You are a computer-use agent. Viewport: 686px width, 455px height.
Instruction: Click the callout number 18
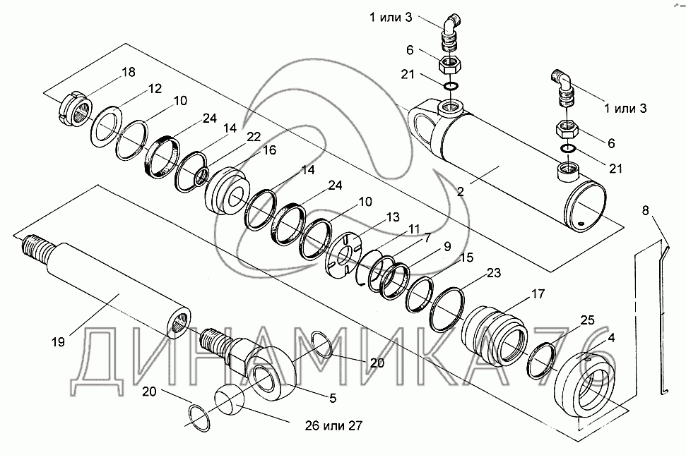pyautogui.click(x=128, y=72)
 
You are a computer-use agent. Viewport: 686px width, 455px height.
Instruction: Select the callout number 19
pyautogui.click(x=58, y=342)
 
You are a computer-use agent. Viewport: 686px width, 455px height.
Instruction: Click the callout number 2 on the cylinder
pyautogui.click(x=460, y=191)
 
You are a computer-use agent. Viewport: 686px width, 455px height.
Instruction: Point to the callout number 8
pyautogui.click(x=646, y=210)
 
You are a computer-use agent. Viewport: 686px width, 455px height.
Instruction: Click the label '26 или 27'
pyautogui.click(x=333, y=425)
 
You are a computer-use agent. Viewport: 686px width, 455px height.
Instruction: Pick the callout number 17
pyautogui.click(x=538, y=294)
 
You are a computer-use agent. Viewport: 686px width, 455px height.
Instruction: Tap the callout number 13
pyautogui.click(x=392, y=217)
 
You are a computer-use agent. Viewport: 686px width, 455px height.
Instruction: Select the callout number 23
pyautogui.click(x=494, y=273)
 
